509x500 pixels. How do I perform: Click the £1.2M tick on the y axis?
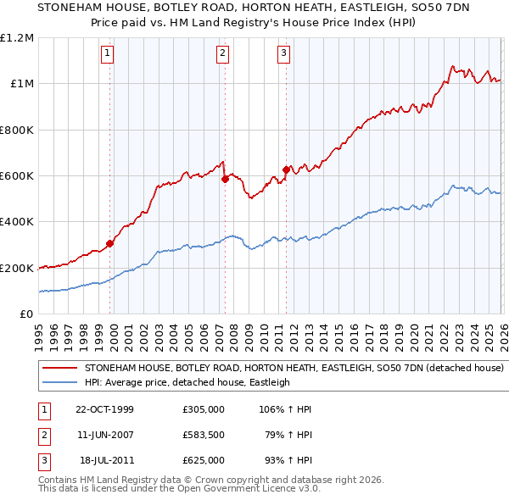click(x=17, y=37)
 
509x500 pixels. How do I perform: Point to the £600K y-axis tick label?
click(x=17, y=176)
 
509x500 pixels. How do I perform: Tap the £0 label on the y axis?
click(x=27, y=314)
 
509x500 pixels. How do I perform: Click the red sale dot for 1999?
click(x=110, y=244)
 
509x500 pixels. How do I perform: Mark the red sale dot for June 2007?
click(x=225, y=180)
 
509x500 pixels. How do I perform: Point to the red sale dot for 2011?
click(x=286, y=169)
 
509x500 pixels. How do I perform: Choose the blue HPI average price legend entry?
click(x=187, y=382)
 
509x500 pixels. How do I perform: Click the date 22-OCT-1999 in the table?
click(x=104, y=409)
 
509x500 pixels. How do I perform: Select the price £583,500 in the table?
click(x=204, y=435)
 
